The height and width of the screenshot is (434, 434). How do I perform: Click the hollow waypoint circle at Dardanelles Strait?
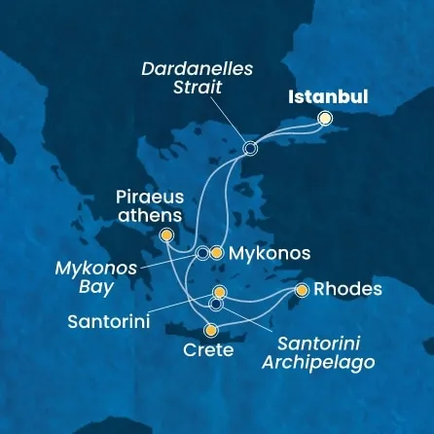coord(250,149)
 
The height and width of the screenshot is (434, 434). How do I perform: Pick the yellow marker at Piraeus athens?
coord(166,235)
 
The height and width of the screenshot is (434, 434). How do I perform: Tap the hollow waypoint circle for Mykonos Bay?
coord(202,253)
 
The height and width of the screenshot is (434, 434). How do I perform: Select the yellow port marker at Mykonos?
coord(217,253)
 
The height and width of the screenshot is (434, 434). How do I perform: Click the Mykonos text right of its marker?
coord(271,253)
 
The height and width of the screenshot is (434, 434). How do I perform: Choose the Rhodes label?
coord(346,289)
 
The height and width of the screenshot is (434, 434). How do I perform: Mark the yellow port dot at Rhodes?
coord(303,290)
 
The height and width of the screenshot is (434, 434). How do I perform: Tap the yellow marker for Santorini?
coord(219,291)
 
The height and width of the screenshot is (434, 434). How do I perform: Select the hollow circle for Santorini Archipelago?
coord(216,304)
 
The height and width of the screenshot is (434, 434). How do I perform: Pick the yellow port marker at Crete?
coord(209,330)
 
